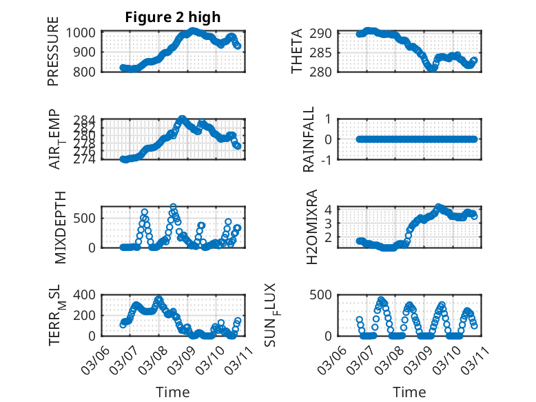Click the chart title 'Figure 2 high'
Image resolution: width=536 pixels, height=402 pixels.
pos(172,17)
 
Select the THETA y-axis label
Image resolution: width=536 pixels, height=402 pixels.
pos(297,52)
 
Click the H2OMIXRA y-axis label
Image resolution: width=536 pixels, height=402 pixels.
pos(311,227)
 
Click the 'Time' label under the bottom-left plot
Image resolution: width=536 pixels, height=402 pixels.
pos(172,392)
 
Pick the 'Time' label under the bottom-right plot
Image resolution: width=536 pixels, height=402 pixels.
pos(409,392)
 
